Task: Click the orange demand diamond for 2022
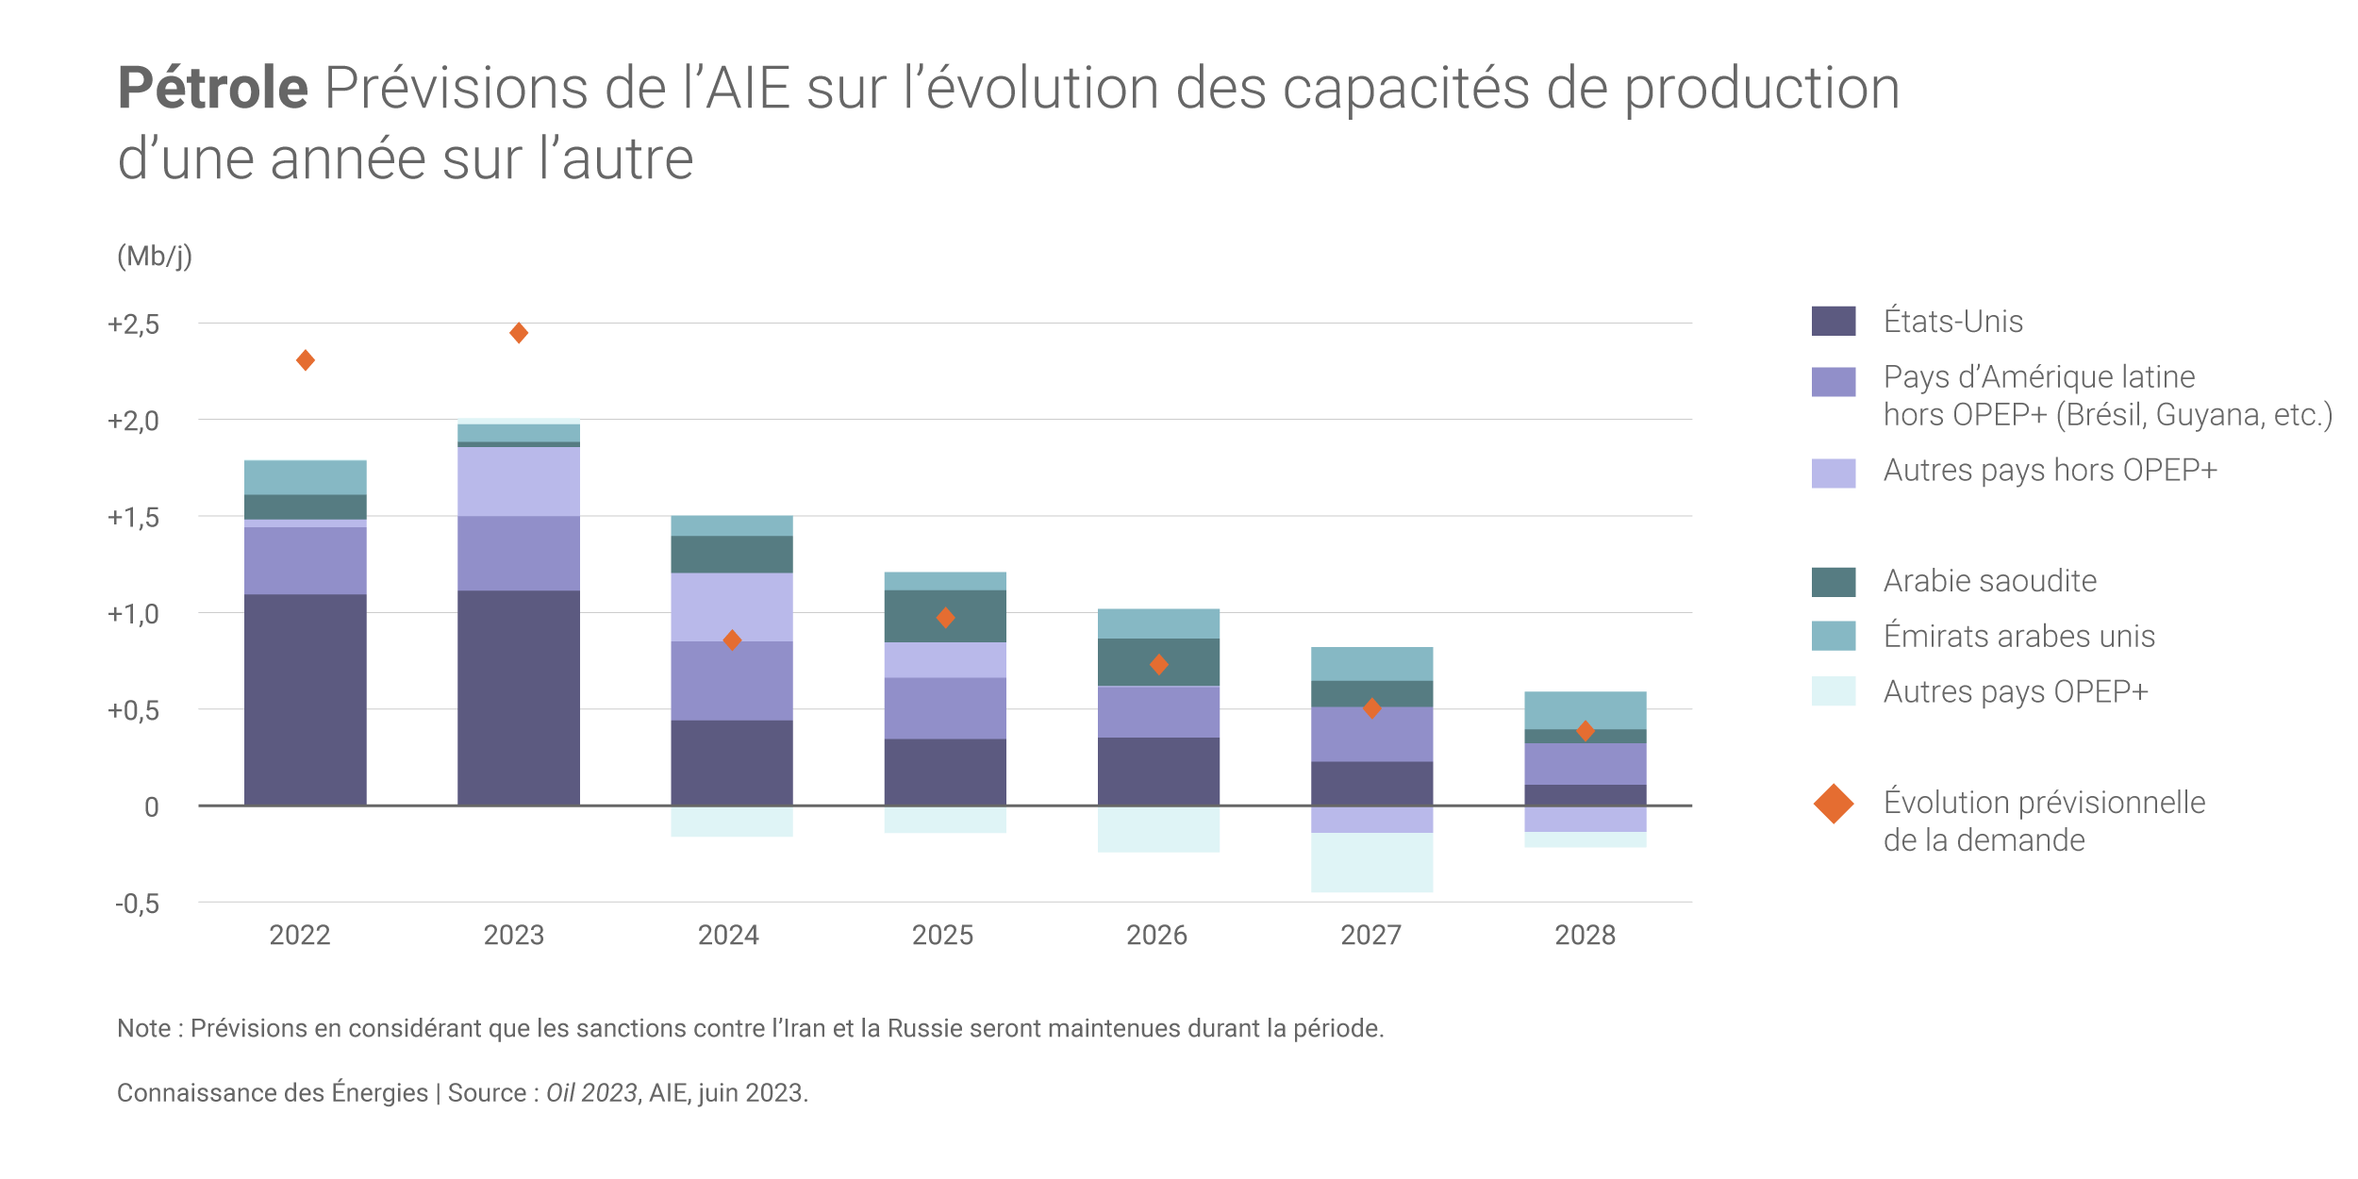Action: tap(305, 360)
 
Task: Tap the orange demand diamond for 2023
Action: tap(518, 333)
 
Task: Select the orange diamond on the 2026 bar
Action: tap(1159, 665)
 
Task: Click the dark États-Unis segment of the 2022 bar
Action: tap(305, 699)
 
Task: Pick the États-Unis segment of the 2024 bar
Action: tap(731, 762)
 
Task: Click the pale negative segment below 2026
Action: tap(1158, 829)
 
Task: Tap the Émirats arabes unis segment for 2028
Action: tap(1585, 710)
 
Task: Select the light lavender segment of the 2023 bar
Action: tap(518, 481)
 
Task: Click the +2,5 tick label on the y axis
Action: tap(133, 324)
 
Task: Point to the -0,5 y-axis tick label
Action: tap(137, 904)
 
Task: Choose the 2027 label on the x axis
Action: tap(1370, 935)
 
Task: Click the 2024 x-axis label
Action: tap(728, 935)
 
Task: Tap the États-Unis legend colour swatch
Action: tap(1833, 321)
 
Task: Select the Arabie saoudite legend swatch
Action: tap(1833, 581)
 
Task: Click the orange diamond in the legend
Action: tap(1833, 804)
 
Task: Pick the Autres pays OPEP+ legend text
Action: tap(2015, 691)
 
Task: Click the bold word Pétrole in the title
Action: tap(213, 88)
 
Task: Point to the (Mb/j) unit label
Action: tap(155, 257)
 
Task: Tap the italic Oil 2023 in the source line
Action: tap(591, 1092)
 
